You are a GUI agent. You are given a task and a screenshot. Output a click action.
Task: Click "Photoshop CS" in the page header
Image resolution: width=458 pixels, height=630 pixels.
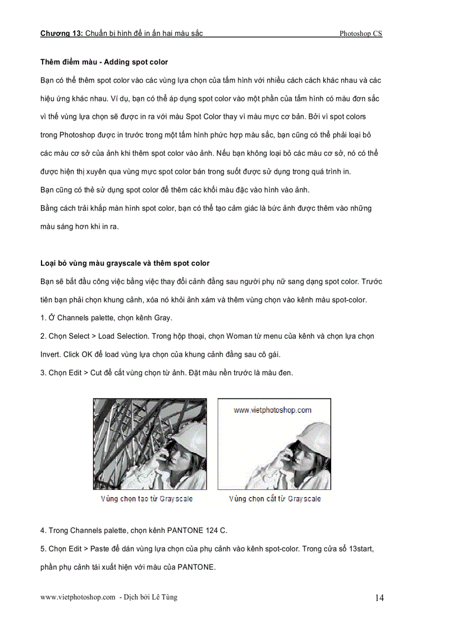click(360, 34)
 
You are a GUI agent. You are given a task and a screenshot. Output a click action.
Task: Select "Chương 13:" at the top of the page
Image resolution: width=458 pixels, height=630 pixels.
click(61, 34)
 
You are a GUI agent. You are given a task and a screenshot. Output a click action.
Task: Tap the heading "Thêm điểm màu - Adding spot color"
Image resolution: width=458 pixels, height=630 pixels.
click(104, 62)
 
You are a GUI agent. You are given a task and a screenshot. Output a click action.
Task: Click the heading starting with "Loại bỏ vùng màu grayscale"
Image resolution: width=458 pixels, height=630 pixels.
click(125, 263)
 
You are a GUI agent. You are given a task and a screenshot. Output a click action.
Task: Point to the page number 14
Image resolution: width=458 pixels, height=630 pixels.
click(379, 598)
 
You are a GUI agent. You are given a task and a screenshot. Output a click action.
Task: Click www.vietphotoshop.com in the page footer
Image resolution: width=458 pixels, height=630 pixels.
click(77, 597)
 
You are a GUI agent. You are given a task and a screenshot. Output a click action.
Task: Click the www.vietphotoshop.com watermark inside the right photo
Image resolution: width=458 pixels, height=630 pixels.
click(272, 410)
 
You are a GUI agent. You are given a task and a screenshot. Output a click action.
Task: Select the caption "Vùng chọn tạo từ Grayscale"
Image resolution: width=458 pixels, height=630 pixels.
click(146, 499)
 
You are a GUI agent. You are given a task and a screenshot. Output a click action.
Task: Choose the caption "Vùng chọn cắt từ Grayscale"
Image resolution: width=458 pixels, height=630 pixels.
click(274, 499)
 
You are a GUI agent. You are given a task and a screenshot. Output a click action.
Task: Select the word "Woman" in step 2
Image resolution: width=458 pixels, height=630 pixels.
click(240, 337)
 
